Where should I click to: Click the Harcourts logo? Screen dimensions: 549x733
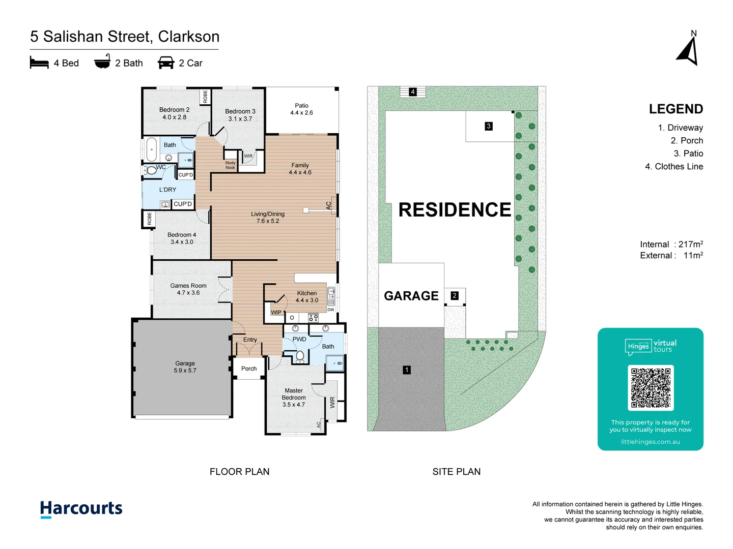pyautogui.click(x=81, y=508)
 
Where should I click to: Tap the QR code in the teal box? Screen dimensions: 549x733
pyautogui.click(x=651, y=388)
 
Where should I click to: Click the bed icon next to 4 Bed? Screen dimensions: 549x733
pyautogui.click(x=39, y=63)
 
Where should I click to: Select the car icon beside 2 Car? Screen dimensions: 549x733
pyautogui.click(x=166, y=63)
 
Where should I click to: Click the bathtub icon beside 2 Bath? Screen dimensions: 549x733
pyautogui.click(x=102, y=62)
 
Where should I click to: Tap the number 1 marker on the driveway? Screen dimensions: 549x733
pyautogui.click(x=407, y=370)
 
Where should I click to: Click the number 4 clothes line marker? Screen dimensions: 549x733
pyautogui.click(x=413, y=92)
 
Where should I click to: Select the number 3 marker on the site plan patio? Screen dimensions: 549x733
pyautogui.click(x=489, y=126)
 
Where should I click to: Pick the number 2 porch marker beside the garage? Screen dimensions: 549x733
pyautogui.click(x=455, y=295)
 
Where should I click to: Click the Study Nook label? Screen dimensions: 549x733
pyautogui.click(x=230, y=165)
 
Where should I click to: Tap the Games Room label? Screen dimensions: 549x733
pyautogui.click(x=188, y=289)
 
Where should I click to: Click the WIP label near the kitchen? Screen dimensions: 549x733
pyautogui.click(x=276, y=313)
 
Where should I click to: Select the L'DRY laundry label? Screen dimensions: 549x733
pyautogui.click(x=167, y=190)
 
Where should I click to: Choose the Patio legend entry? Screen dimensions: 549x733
pyautogui.click(x=688, y=154)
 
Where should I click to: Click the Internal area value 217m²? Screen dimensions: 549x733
pyautogui.click(x=690, y=245)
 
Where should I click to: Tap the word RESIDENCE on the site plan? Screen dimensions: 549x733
pyautogui.click(x=454, y=209)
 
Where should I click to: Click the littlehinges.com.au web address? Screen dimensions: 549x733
pyautogui.click(x=650, y=442)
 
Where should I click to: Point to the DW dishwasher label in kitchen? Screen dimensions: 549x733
pyautogui.click(x=331, y=310)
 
